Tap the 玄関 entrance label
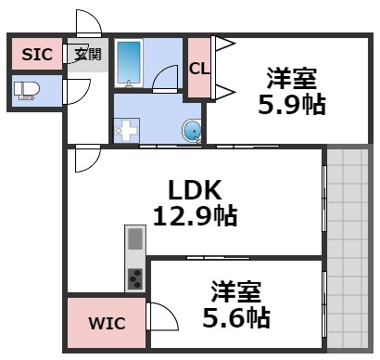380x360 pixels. [87, 54]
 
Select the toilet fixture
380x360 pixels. [26, 90]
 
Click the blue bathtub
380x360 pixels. [130, 63]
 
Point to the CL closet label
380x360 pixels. [197, 67]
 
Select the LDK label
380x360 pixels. [194, 189]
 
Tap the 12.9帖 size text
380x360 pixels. [195, 218]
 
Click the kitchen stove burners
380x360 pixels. [135, 278]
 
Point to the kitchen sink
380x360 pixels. [135, 240]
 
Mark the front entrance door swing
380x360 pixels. [89, 26]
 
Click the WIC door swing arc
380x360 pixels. [163, 317]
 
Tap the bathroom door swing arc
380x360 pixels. [167, 79]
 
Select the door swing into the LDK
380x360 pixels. [86, 160]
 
